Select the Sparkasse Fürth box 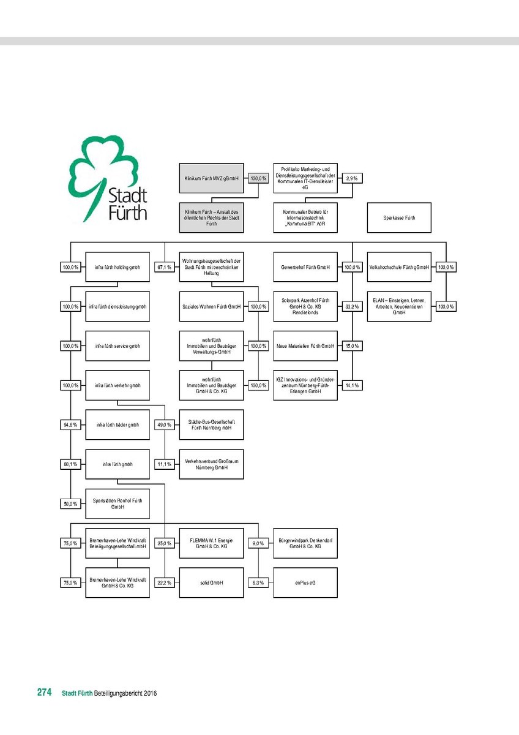[399, 217]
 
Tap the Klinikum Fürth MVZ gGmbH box [211, 178]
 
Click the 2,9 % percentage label [351, 178]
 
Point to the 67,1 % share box [164, 267]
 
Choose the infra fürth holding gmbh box [118, 267]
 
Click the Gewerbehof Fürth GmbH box [305, 267]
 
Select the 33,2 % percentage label [351, 306]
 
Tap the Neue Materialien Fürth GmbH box [305, 346]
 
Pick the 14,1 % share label [351, 385]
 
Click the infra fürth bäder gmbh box [118, 424]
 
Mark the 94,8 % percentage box [70, 424]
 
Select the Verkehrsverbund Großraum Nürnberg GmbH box [211, 464]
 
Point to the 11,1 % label [164, 464]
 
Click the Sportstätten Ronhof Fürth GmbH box [118, 503]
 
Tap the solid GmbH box [211, 582]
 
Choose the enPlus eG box [305, 582]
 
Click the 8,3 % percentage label [258, 582]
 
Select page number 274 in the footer [44, 693]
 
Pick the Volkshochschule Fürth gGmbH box [399, 267]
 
